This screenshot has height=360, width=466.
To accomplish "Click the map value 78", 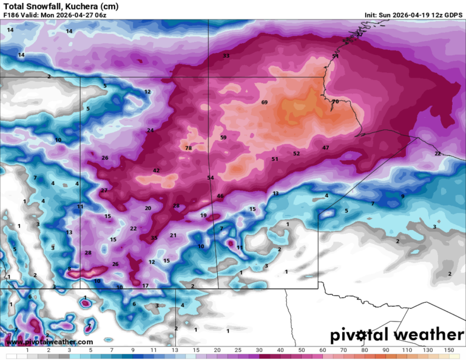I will pyautogui.click(x=188, y=148).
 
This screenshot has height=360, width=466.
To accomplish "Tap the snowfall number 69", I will pyautogui.click(x=265, y=102).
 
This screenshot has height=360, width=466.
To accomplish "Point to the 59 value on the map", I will pyautogui.click(x=223, y=138).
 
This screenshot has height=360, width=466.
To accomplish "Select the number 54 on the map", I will pyautogui.click(x=211, y=178).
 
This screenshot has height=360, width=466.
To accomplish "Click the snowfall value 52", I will pyautogui.click(x=296, y=154).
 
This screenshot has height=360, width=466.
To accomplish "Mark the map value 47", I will pyautogui.click(x=326, y=148).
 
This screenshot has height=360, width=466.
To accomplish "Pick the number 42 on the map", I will pyautogui.click(x=156, y=171).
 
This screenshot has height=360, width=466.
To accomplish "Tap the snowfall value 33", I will pyautogui.click(x=226, y=56).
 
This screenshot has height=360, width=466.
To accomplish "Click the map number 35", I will pyautogui.click(x=154, y=238).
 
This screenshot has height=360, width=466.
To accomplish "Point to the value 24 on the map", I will pyautogui.click(x=150, y=131).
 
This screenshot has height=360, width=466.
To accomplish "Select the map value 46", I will pyautogui.click(x=220, y=196).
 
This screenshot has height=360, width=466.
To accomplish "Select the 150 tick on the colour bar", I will pyautogui.click(x=448, y=351).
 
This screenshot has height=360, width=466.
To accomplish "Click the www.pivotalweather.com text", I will pyautogui.click(x=42, y=342).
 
